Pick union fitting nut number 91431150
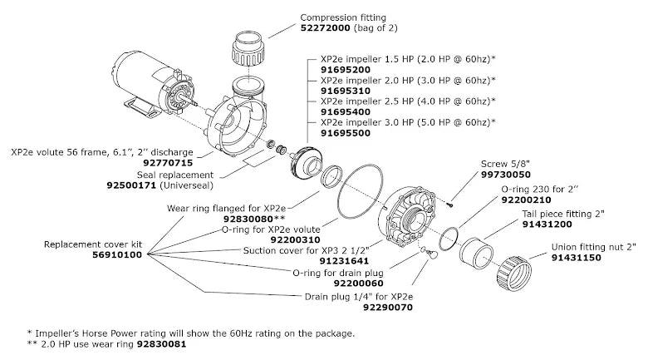581,258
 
